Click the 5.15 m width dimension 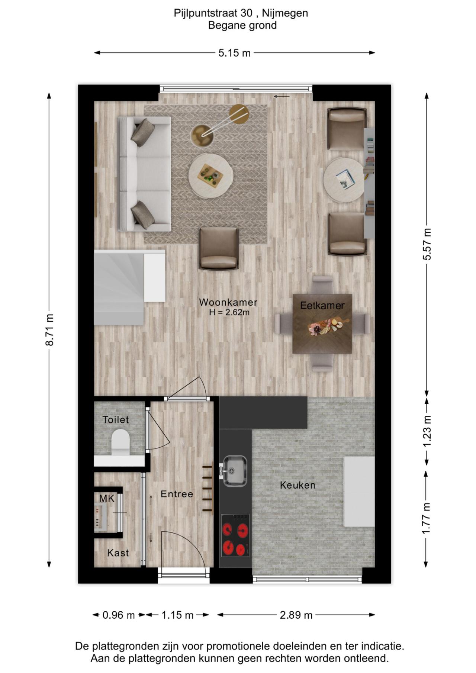(x=234, y=53)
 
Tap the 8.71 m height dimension (x=49, y=329)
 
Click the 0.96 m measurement (x=118, y=615)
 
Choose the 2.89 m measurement (x=296, y=615)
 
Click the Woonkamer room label (x=228, y=303)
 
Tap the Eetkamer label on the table (x=322, y=306)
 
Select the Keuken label (x=297, y=485)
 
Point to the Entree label (x=177, y=494)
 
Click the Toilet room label (x=116, y=420)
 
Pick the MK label (x=107, y=499)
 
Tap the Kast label (x=118, y=553)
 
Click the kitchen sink (x=235, y=471)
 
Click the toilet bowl (x=120, y=442)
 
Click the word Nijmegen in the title (x=285, y=13)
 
